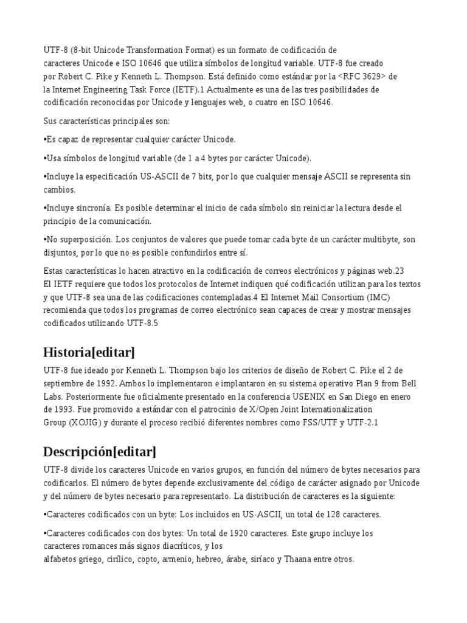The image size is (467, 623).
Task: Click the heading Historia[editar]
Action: (x=89, y=352)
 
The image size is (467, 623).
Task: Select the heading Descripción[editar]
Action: (x=100, y=451)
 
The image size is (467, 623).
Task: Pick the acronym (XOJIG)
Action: (x=87, y=423)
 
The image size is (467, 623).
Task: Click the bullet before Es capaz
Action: (x=45, y=140)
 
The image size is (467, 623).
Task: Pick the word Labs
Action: (x=52, y=397)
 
